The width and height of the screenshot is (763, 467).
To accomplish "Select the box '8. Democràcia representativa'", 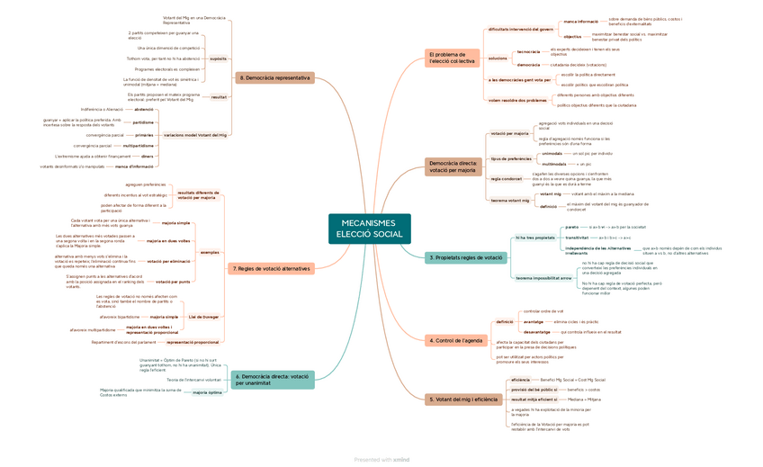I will [275, 78].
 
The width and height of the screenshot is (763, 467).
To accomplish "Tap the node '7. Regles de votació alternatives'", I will [271, 268].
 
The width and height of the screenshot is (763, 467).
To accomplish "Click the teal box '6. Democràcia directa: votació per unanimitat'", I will [273, 380].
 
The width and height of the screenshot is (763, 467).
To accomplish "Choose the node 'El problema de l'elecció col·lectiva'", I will [452, 58].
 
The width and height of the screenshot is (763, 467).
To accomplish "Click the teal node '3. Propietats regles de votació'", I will [465, 257].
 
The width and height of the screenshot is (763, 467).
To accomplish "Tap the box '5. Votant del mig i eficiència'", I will [462, 399].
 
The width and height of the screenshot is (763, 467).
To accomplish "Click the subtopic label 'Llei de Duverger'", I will [203, 317].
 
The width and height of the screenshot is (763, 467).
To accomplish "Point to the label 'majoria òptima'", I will [207, 393].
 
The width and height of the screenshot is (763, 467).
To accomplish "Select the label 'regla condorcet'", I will [506, 178].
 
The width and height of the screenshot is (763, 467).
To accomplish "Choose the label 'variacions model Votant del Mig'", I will [195, 134].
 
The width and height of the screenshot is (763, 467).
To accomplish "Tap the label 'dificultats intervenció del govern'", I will [520, 29].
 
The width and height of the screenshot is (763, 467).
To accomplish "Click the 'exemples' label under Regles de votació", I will [209, 252].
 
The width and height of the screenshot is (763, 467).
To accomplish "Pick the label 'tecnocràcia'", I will [528, 51].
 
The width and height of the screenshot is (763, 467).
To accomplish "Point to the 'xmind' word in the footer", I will [401, 460].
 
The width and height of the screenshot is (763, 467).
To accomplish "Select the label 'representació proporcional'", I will [193, 342].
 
